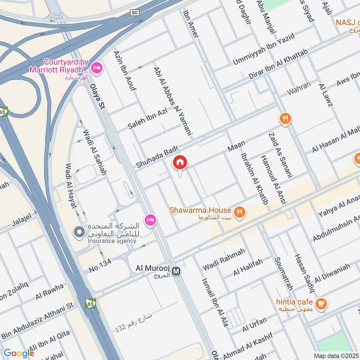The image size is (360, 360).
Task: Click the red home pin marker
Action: click(x=180, y=163)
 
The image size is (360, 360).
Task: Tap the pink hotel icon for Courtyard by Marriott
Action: click(x=96, y=68)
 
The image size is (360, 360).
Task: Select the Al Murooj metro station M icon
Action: click(x=176, y=271)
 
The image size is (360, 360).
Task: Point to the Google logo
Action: click(x=19, y=353)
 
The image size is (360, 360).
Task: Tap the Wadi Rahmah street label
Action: click(x=224, y=259)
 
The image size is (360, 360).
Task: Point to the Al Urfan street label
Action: click(x=254, y=325)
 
